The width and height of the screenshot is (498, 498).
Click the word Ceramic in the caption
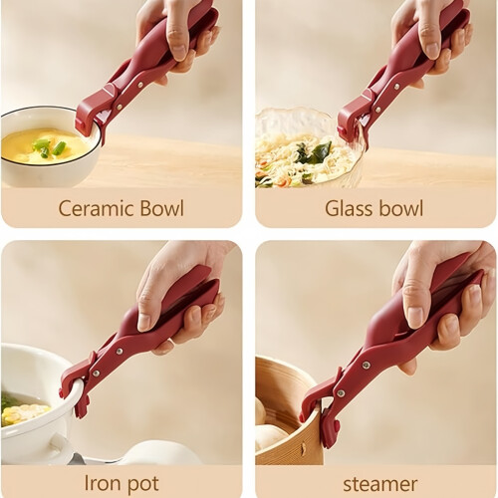point(96,208)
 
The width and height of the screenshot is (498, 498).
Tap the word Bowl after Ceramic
point(161,208)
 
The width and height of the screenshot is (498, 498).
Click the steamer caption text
point(380,484)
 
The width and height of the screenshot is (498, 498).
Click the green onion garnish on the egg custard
point(49,147)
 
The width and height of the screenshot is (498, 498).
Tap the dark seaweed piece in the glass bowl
point(314,151)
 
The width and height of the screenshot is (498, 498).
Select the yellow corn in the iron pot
point(23,412)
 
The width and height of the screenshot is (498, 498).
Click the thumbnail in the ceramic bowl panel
point(180,50)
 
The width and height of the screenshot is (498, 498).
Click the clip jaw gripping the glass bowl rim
point(351,118)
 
